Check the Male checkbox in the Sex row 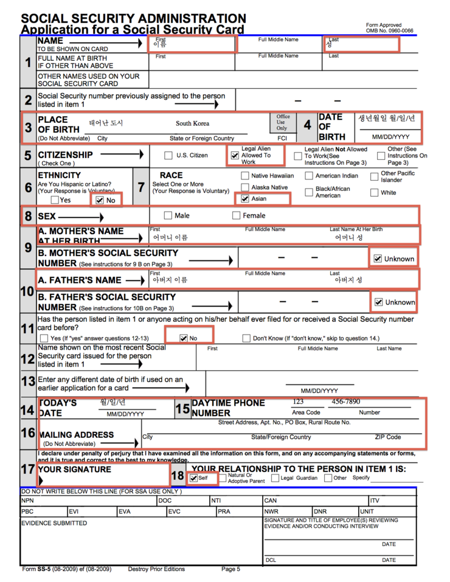168,215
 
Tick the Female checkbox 237,215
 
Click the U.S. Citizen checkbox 169,156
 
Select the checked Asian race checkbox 245,198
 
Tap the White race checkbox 374,193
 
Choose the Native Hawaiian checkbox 245,176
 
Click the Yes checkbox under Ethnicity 55,199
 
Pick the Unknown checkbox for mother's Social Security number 378,258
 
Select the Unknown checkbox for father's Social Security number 378,302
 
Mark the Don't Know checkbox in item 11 246,338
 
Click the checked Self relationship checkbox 193,478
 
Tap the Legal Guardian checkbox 275,478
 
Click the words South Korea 192,123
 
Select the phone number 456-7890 345,402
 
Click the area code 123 297,402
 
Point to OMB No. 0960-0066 389,30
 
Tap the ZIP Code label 387,437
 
